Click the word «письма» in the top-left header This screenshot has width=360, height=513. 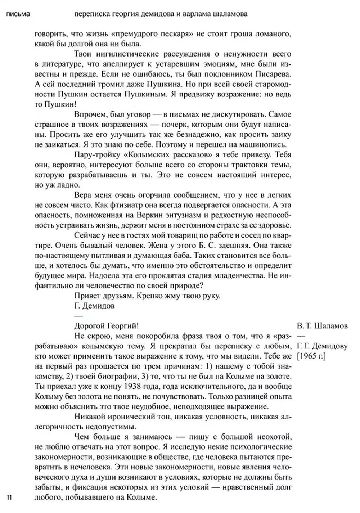(18, 15)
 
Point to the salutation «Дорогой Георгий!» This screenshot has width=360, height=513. (106, 326)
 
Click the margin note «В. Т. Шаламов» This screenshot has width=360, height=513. (323, 326)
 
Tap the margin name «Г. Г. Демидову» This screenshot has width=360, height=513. (323, 346)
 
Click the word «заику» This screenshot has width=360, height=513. (282, 135)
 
